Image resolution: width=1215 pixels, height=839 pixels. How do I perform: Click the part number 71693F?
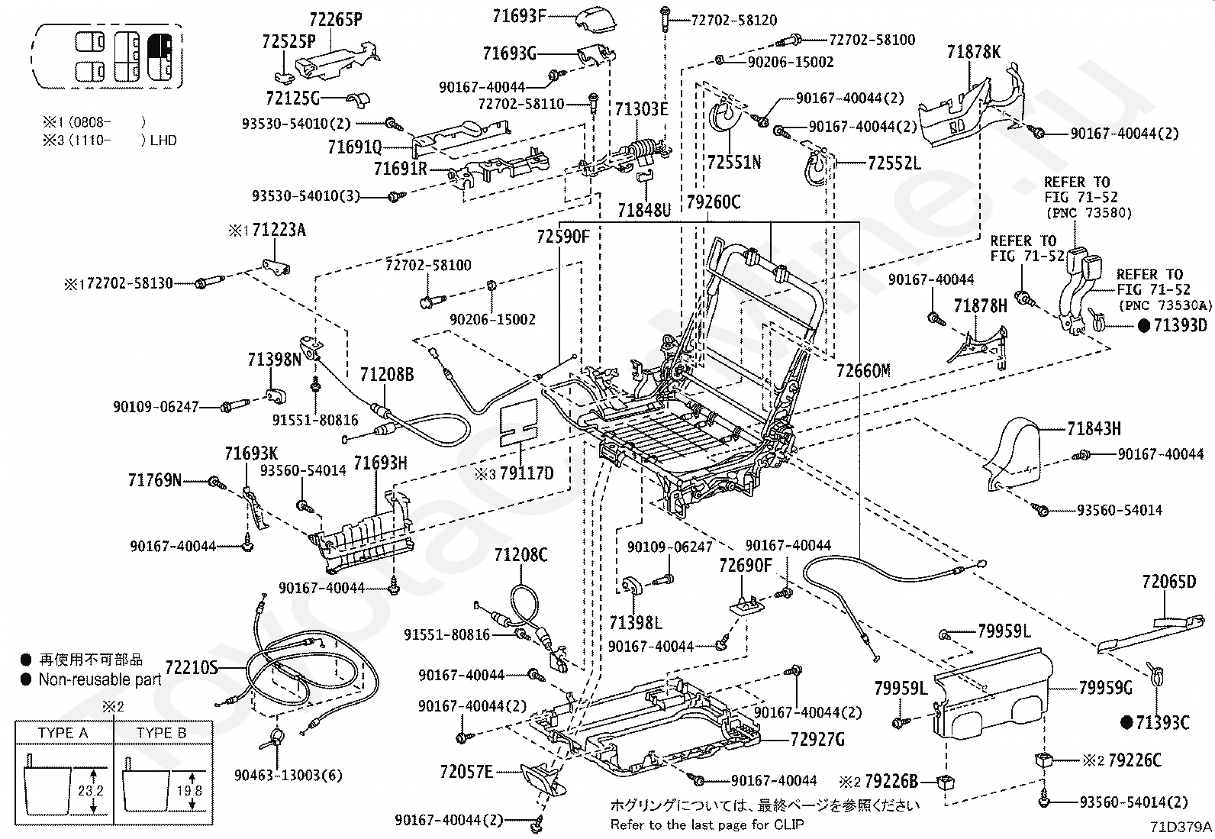click(x=518, y=16)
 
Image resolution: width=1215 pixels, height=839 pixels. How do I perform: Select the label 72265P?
click(x=336, y=20)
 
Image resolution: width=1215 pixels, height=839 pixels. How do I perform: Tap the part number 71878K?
click(x=974, y=52)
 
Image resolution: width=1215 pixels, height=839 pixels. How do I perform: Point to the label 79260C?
click(x=714, y=202)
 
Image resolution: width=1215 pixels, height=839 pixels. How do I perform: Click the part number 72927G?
click(x=817, y=739)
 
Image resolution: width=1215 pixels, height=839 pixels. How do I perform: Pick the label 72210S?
click(x=192, y=667)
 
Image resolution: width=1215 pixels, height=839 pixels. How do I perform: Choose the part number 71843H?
click(x=1094, y=429)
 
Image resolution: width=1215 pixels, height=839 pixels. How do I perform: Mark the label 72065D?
click(x=1169, y=582)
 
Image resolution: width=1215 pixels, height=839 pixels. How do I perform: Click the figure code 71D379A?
click(x=1181, y=827)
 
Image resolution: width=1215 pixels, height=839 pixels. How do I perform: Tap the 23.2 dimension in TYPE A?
click(x=90, y=791)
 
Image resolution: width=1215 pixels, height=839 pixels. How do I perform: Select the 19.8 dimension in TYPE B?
click(x=189, y=791)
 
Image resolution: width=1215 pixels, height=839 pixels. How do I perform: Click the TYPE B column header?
click(x=162, y=733)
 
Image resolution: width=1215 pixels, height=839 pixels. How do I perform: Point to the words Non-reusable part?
click(x=100, y=679)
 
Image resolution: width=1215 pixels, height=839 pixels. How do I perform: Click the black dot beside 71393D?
click(x=1144, y=326)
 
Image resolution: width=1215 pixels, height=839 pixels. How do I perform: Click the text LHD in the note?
click(x=163, y=140)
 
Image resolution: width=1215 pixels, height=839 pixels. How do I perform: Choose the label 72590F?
click(x=563, y=237)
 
